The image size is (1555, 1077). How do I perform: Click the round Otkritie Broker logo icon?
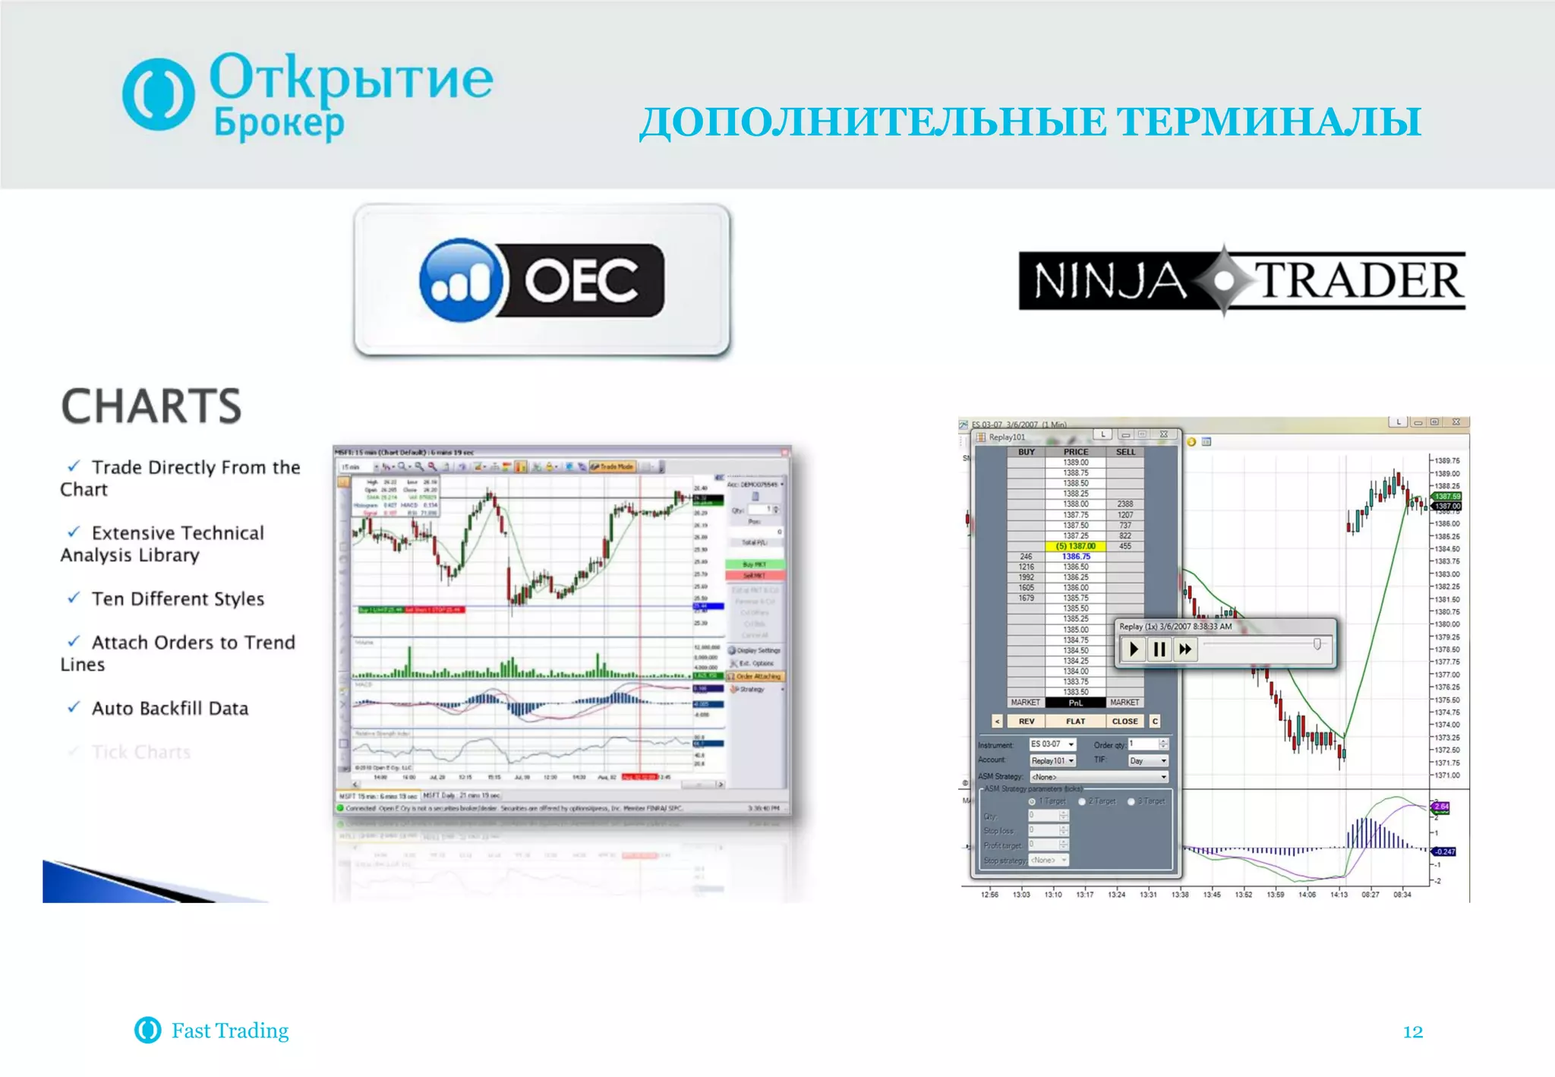[x=158, y=94]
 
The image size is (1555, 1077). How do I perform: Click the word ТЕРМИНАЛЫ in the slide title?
[x=1270, y=122]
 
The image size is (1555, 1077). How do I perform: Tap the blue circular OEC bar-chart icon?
[x=461, y=280]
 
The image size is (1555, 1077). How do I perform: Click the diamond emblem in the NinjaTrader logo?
[x=1223, y=280]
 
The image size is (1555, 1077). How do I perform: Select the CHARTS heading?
[x=151, y=406]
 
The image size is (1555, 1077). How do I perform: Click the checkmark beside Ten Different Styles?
[x=74, y=598]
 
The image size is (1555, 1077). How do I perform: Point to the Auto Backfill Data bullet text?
[x=169, y=709]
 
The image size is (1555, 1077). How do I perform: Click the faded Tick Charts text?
[x=140, y=752]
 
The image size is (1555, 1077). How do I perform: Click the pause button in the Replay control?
[x=1159, y=649]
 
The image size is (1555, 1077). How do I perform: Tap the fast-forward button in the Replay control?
[x=1184, y=649]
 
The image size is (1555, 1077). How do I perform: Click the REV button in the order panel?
[x=1026, y=722]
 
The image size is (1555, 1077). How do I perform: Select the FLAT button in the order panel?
[x=1075, y=722]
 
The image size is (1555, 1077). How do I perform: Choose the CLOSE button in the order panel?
[x=1124, y=722]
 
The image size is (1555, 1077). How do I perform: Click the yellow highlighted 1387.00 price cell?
[x=1076, y=546]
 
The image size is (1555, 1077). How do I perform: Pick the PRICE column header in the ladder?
[x=1076, y=452]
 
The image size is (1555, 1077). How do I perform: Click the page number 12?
[x=1412, y=1031]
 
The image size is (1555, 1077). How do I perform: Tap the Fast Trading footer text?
[x=229, y=1031]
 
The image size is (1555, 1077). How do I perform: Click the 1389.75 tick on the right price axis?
[x=1447, y=461]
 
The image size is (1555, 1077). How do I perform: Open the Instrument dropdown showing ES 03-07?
[x=1052, y=744]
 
